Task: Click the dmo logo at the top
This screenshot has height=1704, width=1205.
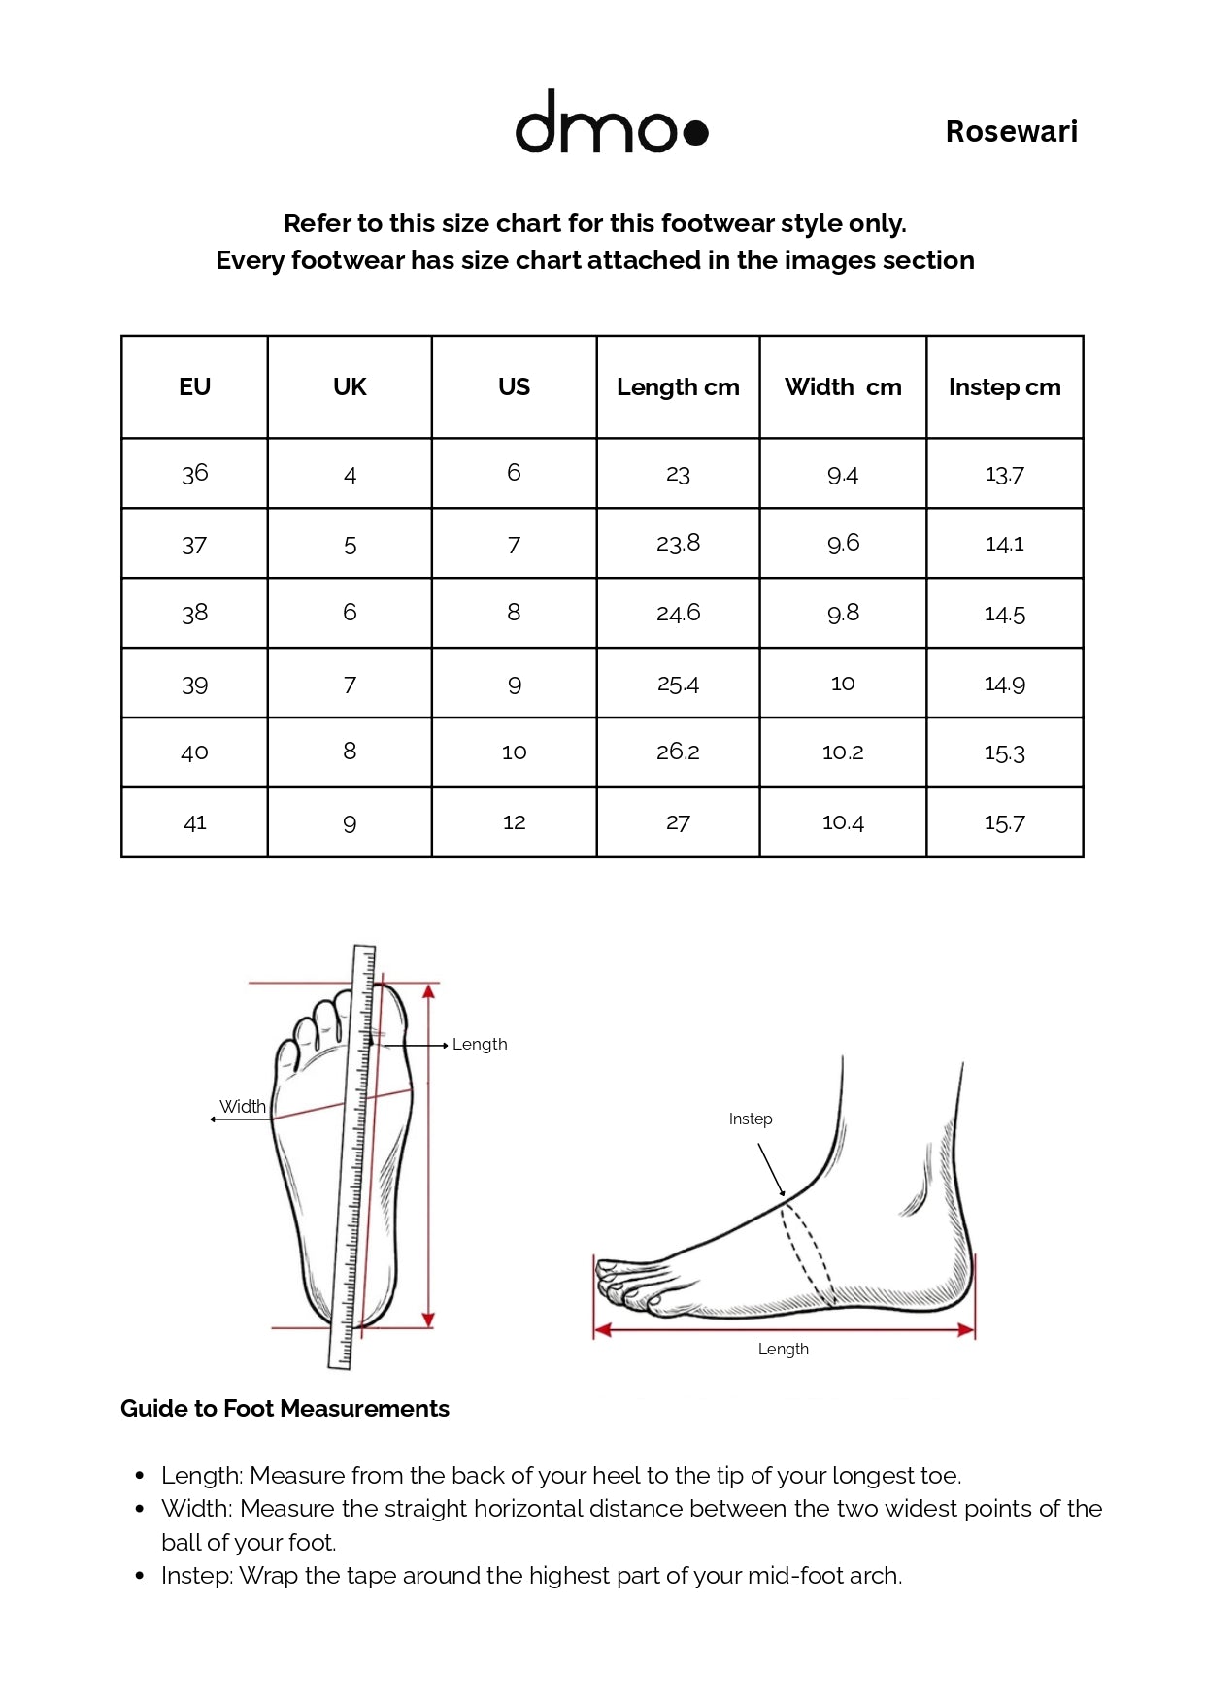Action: (611, 121)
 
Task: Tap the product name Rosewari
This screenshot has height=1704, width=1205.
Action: (1011, 131)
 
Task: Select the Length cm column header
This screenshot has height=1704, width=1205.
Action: (678, 386)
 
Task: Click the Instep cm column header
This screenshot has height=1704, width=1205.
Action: (1004, 386)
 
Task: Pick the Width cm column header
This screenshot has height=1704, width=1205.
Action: (843, 386)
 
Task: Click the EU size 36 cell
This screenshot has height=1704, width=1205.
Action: (194, 473)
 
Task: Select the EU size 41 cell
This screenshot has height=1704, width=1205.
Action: (194, 822)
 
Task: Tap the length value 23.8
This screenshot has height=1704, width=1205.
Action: (678, 543)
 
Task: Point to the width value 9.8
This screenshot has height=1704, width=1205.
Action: (843, 613)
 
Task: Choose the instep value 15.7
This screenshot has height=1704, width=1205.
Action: (1004, 822)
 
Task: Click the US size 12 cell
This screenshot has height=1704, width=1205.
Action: (514, 822)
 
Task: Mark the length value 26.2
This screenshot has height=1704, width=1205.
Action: (678, 752)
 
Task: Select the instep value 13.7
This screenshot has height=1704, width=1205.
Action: (1004, 474)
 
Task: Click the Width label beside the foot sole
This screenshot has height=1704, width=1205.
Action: (243, 1106)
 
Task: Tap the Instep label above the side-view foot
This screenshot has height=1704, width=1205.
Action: (751, 1119)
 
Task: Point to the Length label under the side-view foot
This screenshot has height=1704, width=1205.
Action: (783, 1349)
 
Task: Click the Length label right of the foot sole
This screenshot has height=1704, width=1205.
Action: (480, 1044)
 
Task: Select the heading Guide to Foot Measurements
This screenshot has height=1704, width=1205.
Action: (285, 1409)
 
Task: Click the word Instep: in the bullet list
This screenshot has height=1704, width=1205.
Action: (197, 1575)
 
